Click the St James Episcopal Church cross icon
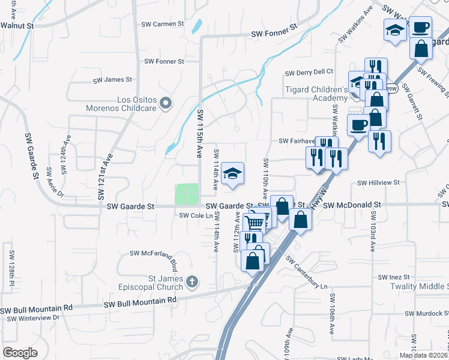(x=192, y=281)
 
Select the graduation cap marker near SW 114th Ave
(x=232, y=173)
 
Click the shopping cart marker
(x=255, y=223)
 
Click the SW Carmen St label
(x=162, y=24)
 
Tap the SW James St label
(x=112, y=79)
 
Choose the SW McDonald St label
(x=352, y=205)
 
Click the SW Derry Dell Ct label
(x=309, y=73)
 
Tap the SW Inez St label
(x=393, y=277)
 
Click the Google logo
(x=20, y=353)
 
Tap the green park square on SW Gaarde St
(x=187, y=194)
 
